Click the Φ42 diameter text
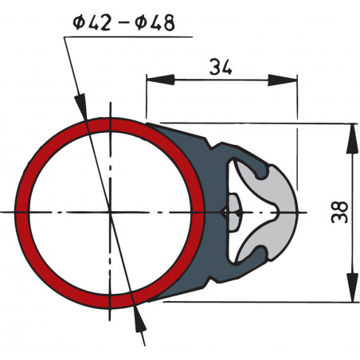tap(95, 22)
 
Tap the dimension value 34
tap(221, 67)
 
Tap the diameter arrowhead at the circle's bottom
tap(140, 315)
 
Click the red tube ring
tap(24, 211)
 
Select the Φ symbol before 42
tap(78, 22)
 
